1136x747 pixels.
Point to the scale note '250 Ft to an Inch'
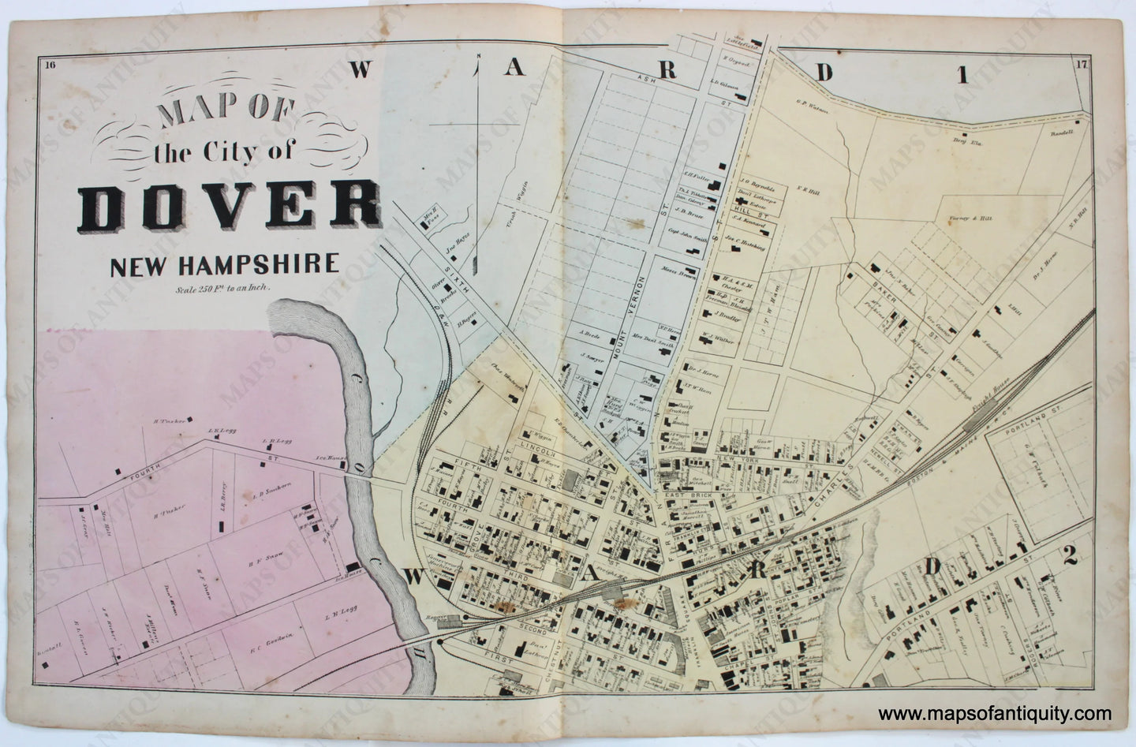coord(224,288)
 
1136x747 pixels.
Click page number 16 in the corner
coord(51,66)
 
